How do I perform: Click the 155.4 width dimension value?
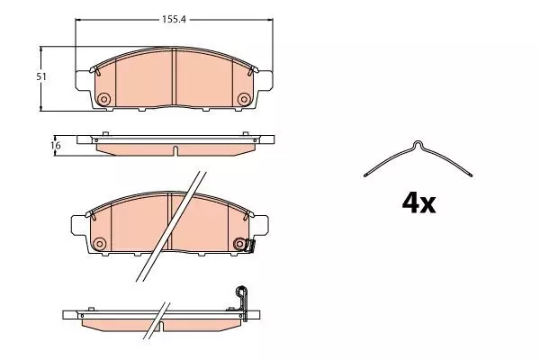(174, 20)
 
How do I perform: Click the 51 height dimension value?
(41, 76)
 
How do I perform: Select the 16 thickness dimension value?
(56, 146)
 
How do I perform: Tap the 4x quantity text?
(418, 203)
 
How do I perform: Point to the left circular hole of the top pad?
(103, 99)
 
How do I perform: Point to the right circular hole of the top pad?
(244, 99)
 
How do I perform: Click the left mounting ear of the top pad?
(83, 81)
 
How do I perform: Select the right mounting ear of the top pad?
(265, 81)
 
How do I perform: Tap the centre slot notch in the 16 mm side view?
(175, 150)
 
